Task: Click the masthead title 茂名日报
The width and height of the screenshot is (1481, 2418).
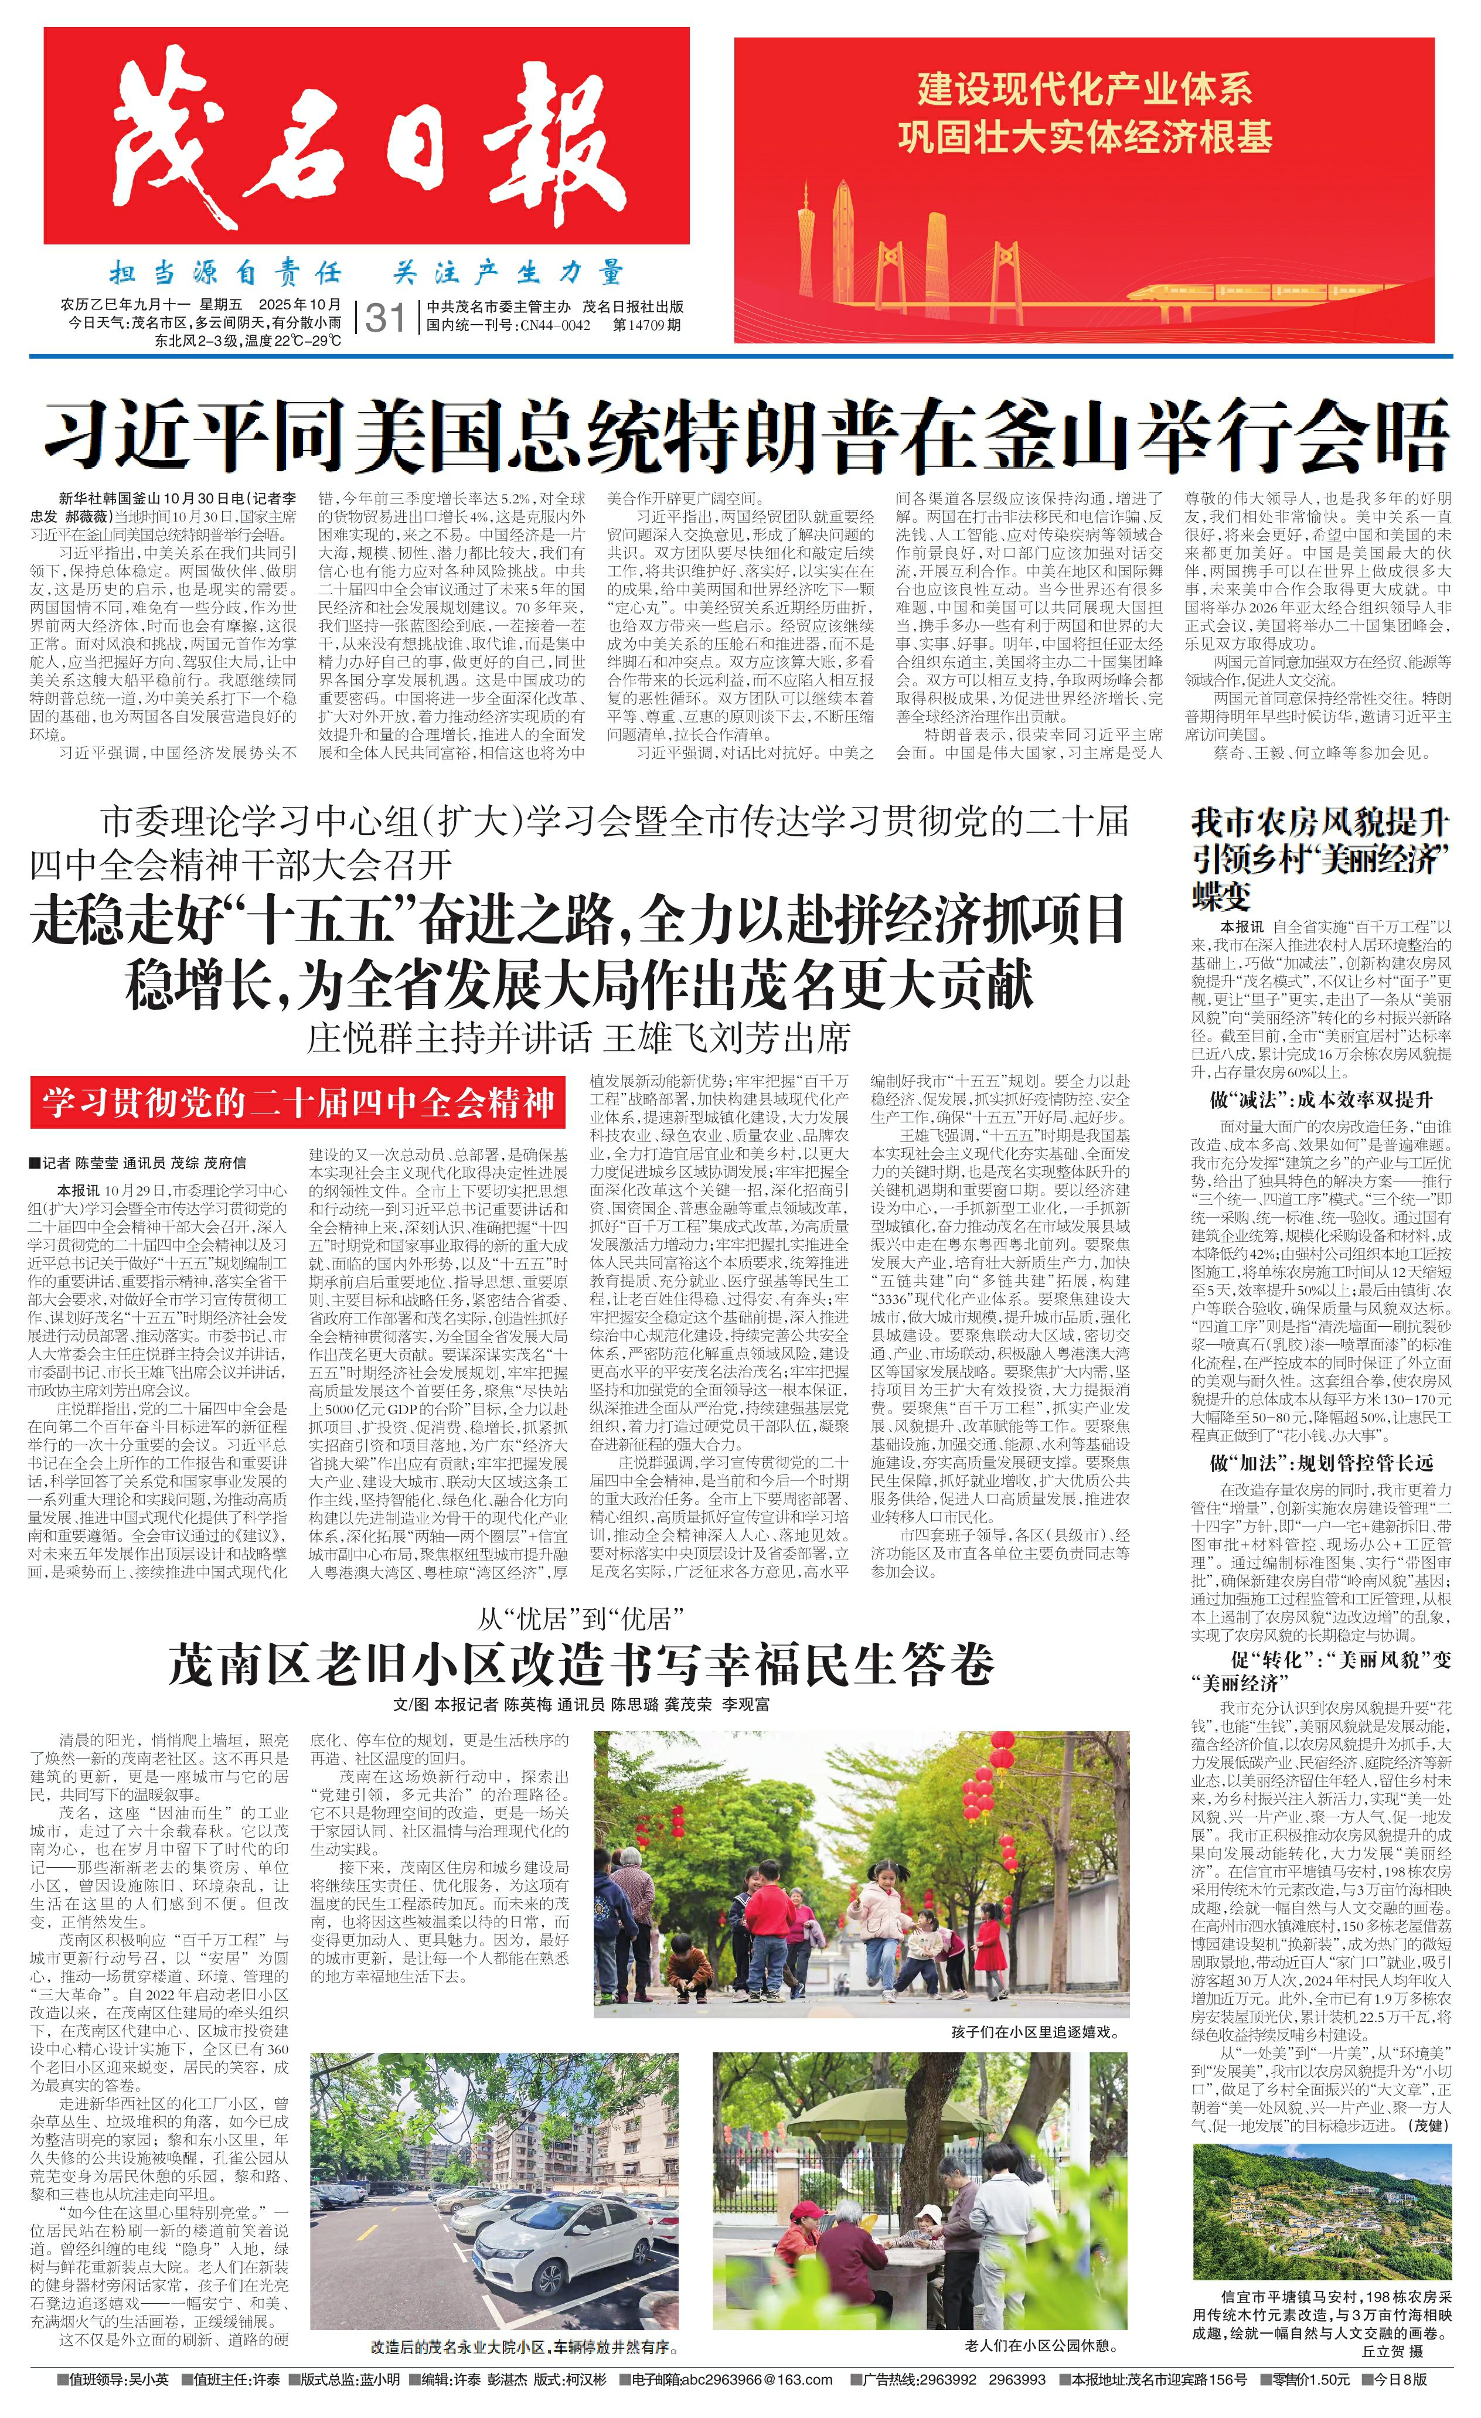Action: (x=366, y=137)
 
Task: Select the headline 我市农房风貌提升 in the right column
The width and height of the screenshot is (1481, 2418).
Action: (x=1320, y=822)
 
